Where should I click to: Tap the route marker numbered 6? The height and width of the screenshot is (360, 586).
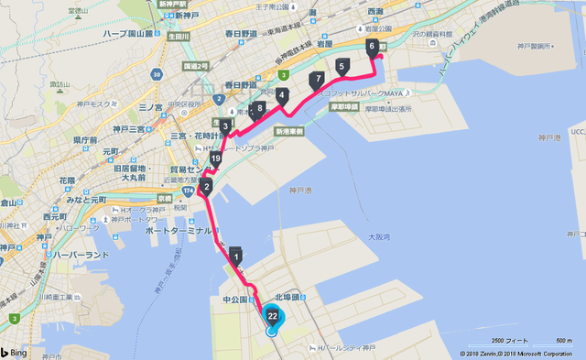(371, 46)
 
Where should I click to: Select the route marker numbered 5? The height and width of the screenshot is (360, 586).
(342, 66)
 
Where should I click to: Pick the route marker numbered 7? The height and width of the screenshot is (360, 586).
(317, 80)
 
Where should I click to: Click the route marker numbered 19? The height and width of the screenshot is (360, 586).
(216, 159)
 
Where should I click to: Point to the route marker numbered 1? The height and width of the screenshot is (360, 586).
(236, 256)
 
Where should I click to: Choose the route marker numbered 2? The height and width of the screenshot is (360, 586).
(207, 189)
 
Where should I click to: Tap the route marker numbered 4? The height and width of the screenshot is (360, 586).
(282, 95)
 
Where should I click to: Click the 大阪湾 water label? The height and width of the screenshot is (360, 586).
(379, 237)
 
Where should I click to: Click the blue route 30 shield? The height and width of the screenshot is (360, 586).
(159, 73)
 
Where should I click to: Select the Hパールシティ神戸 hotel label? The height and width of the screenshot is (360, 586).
(347, 346)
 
